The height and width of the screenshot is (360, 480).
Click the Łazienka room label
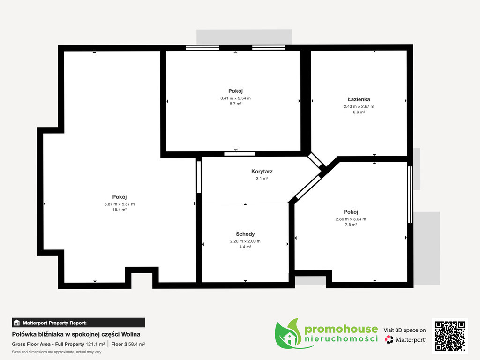[x=359, y=99]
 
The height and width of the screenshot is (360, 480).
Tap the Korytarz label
[x=262, y=172]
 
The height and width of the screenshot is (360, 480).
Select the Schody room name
[x=245, y=234]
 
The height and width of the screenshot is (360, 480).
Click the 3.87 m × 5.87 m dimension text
[x=120, y=204]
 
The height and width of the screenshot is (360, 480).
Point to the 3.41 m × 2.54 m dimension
[x=235, y=98]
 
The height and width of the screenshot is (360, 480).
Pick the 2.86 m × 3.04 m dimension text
[x=351, y=219]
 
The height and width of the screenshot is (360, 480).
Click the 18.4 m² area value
[x=120, y=210]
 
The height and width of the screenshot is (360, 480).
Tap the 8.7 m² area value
[x=235, y=104]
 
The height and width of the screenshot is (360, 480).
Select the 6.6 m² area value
[x=359, y=112]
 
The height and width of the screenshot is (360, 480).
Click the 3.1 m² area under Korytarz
[x=262, y=179]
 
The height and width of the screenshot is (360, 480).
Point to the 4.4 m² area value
[x=245, y=247]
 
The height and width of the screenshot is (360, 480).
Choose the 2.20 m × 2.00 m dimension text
[x=245, y=241]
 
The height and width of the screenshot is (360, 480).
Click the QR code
[x=450, y=336]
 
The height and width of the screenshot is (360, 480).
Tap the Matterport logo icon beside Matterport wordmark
[x=389, y=339]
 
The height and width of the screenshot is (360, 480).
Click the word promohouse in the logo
[x=341, y=330]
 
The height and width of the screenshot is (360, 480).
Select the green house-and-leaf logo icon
[x=288, y=334]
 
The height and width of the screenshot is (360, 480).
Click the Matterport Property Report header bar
[x=78, y=322]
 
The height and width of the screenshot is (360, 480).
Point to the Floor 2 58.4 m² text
[x=128, y=344]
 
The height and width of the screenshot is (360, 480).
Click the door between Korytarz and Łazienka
[x=315, y=160]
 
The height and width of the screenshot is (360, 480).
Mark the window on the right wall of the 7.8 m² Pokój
[x=410, y=195]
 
